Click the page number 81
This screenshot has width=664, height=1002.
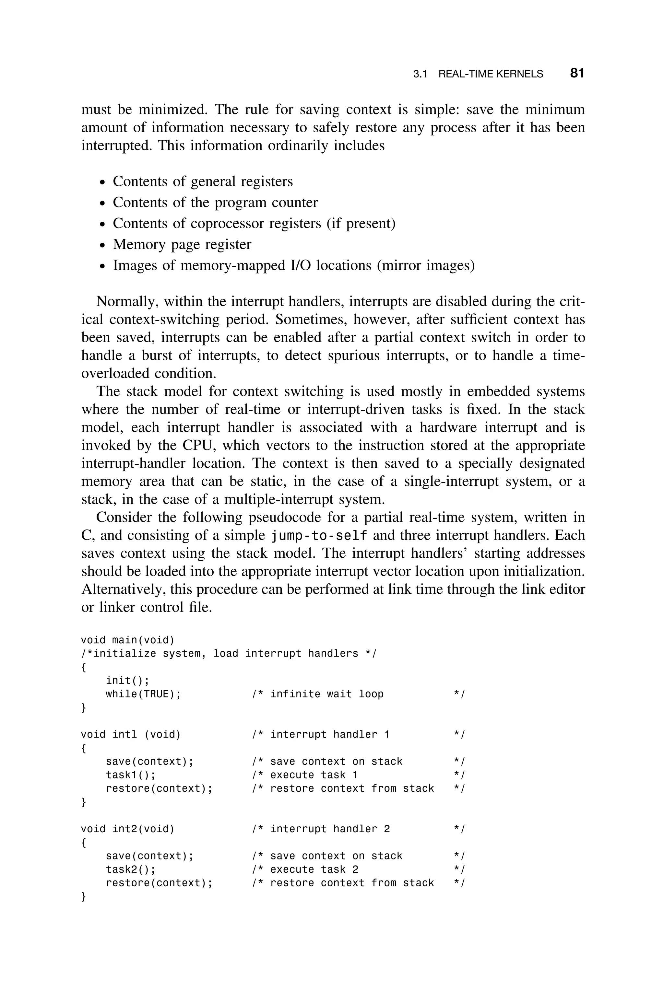point(577,73)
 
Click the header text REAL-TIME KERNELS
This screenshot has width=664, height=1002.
point(490,74)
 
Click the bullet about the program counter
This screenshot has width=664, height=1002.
point(215,203)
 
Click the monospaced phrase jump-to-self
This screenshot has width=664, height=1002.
point(319,536)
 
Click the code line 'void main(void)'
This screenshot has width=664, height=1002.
point(127,640)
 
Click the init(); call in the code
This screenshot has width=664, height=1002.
point(127,681)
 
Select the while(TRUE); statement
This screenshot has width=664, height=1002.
point(143,694)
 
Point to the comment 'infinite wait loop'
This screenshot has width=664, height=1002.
point(326,694)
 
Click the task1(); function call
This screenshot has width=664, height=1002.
point(130,775)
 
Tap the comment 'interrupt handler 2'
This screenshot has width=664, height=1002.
point(329,829)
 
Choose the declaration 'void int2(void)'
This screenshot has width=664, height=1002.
point(127,829)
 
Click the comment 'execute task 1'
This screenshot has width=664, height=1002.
point(314,775)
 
